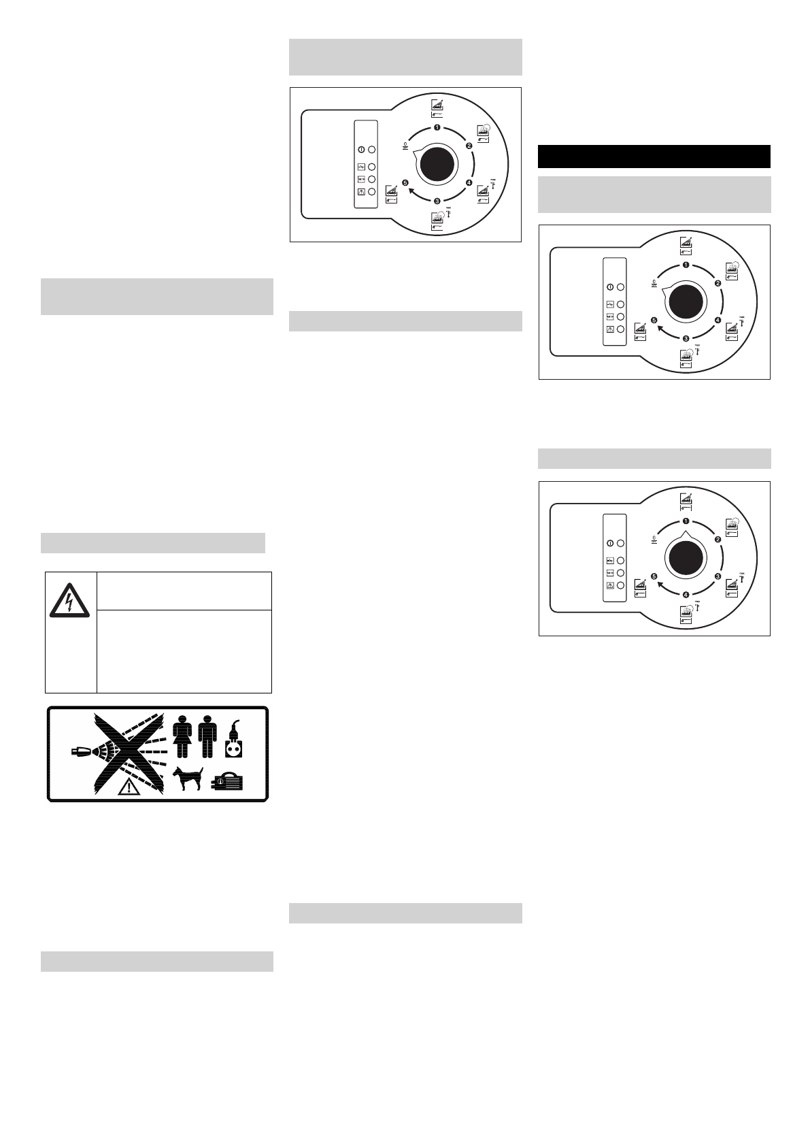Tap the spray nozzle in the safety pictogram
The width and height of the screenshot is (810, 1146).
click(x=80, y=751)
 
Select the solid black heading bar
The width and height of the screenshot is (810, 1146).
click(x=654, y=156)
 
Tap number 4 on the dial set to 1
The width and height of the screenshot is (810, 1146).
click(x=686, y=593)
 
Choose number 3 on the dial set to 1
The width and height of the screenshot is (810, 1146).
click(x=718, y=576)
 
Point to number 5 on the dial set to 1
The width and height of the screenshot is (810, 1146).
click(x=654, y=576)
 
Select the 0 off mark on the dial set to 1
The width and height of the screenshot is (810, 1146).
click(x=654, y=540)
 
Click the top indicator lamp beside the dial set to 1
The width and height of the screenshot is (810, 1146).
click(x=620, y=544)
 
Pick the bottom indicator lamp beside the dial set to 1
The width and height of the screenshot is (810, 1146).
click(x=620, y=585)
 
